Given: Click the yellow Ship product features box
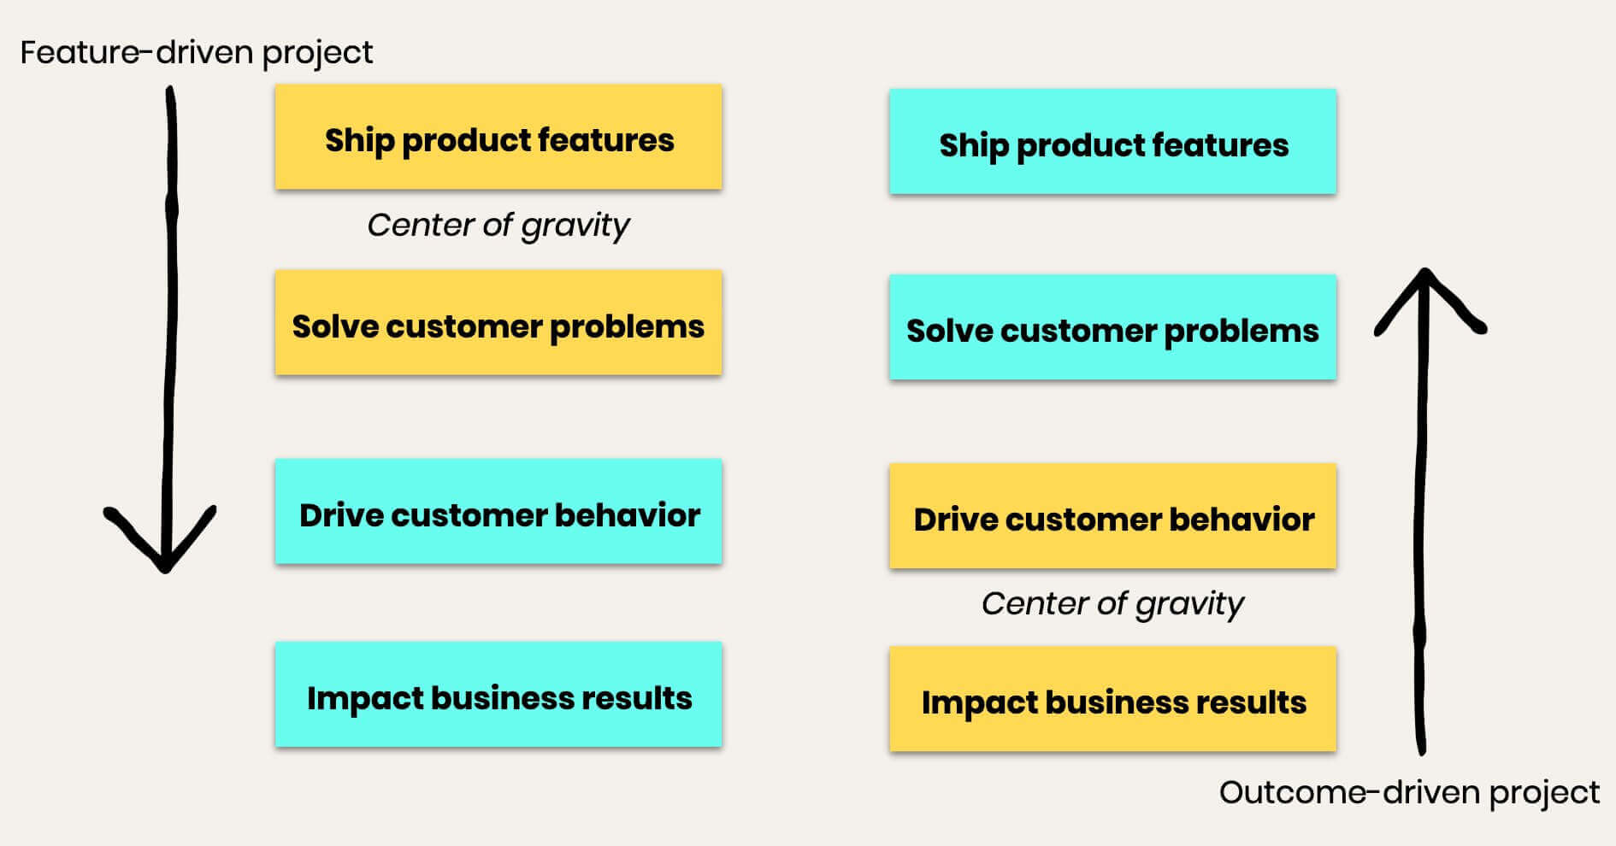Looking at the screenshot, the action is click(x=498, y=137).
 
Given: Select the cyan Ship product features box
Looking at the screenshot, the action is click(x=1112, y=141).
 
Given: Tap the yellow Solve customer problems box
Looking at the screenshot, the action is click(x=498, y=322).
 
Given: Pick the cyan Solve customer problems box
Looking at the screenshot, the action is click(x=1112, y=326).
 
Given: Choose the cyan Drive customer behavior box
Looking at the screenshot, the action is click(x=498, y=511).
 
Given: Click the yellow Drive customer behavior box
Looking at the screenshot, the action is click(x=1112, y=515).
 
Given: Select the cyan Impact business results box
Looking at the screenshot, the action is click(x=498, y=694).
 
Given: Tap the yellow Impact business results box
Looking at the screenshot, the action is click(x=1112, y=699).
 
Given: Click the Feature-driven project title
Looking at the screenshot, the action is click(x=197, y=53).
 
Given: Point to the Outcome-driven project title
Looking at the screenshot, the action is click(x=1409, y=793).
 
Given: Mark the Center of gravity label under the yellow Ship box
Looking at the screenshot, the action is click(x=498, y=226).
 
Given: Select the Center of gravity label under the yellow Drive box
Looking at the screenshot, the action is click(x=1112, y=604).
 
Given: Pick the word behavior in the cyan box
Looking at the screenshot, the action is click(x=628, y=515).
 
